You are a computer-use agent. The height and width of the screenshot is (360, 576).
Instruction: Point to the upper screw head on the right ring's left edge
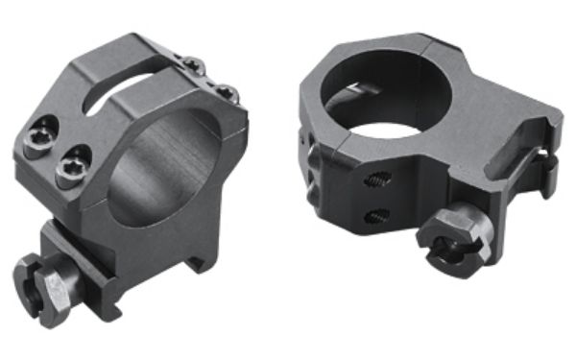point(311,155)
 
